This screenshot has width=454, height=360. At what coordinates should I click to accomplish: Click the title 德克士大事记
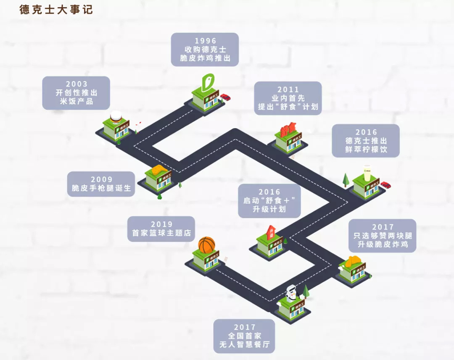[x=56, y=10]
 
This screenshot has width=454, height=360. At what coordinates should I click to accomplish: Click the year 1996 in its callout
[x=205, y=41]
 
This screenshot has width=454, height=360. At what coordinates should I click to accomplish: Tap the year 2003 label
[x=76, y=84]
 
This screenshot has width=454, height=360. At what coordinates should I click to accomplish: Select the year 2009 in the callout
[x=101, y=179]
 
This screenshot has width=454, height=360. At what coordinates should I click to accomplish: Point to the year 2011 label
[x=288, y=89]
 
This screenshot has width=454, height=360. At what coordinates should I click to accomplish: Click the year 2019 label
[x=161, y=224]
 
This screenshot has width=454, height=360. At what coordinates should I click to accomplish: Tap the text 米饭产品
[x=77, y=101]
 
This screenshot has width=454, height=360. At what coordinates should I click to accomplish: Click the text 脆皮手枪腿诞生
[x=101, y=188]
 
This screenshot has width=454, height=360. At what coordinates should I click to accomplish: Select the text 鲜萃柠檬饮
[x=366, y=149]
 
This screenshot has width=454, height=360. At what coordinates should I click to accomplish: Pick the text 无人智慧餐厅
[x=244, y=344]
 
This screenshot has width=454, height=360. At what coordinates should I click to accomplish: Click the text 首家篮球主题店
[x=161, y=233]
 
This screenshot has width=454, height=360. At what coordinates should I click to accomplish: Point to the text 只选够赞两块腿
[x=383, y=236]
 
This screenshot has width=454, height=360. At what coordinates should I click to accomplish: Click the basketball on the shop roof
[x=207, y=245]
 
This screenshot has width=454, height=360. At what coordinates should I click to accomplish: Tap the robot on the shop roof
[x=292, y=292]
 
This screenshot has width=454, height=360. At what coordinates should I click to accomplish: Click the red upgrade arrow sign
[x=271, y=232]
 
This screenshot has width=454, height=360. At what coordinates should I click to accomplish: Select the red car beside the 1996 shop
[x=226, y=97]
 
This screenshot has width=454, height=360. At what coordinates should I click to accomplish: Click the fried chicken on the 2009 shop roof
[x=158, y=169]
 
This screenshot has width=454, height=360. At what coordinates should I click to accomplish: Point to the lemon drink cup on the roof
[x=367, y=173]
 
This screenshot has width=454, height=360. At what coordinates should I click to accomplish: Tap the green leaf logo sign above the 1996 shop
[x=208, y=82]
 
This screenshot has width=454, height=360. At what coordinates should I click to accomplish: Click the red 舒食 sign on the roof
[x=288, y=130]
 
